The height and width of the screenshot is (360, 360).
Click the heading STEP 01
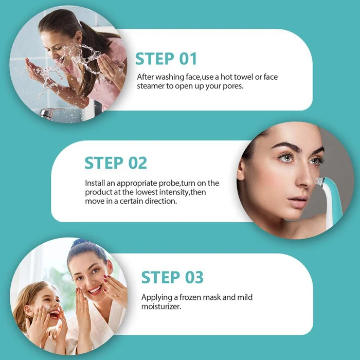[167, 59]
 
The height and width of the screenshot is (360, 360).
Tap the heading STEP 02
[116, 163]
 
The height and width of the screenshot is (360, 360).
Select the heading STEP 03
[172, 278]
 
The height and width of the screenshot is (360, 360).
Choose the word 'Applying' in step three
[156, 298]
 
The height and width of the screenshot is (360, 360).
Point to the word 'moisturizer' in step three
[162, 307]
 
